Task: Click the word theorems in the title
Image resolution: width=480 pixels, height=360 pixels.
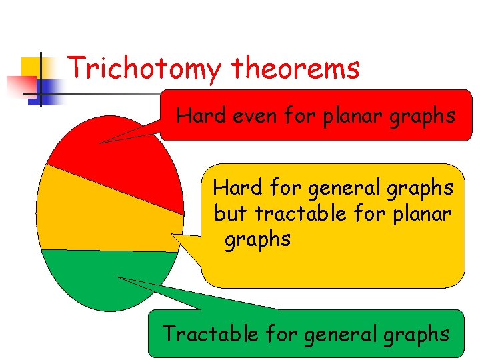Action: click(x=296, y=68)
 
